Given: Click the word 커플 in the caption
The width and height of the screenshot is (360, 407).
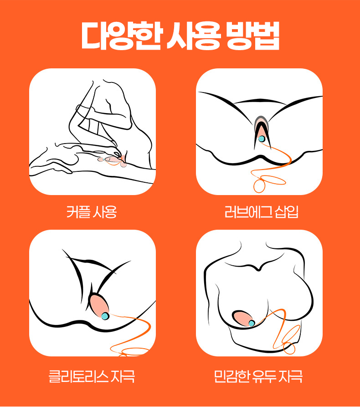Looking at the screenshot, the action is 78,212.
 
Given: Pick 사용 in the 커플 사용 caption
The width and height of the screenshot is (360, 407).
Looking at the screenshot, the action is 105,212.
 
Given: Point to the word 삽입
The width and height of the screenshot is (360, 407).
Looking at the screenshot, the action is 286,212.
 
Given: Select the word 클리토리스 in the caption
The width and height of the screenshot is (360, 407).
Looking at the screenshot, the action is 78,376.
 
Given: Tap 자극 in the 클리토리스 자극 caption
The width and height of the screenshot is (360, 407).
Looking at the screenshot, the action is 123,376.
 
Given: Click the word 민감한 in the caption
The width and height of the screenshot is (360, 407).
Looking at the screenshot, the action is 230,376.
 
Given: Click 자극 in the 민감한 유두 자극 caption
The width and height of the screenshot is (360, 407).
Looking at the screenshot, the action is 290,376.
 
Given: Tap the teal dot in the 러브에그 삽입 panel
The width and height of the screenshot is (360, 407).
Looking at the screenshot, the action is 262,139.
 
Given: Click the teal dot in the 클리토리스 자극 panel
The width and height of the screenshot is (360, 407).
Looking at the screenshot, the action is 105,316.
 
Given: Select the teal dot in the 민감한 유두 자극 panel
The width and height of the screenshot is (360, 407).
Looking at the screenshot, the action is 252,323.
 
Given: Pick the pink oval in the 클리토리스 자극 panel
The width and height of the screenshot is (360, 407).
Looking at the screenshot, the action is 98,305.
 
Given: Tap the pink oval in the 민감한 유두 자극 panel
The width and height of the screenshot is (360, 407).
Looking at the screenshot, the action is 242,318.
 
